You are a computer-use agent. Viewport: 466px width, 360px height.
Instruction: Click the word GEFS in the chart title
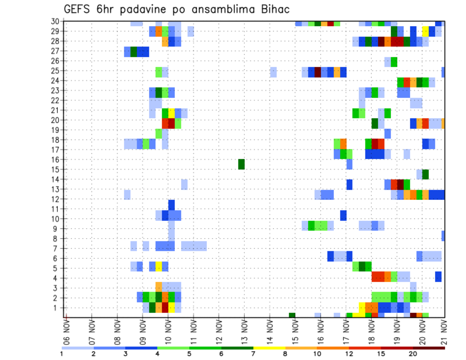coord(80,9)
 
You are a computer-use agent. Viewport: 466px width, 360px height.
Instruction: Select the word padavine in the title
coord(144,9)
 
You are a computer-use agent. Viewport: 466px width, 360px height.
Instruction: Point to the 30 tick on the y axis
coord(55,21)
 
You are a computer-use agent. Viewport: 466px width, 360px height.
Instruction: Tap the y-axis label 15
coord(55,169)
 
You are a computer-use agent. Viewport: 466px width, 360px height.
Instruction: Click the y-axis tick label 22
coord(55,100)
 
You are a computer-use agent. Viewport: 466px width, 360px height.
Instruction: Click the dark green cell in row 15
coord(241,164)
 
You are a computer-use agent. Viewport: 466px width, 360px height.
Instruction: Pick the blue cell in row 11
coord(171,204)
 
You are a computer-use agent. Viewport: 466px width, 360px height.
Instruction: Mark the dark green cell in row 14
coord(425,174)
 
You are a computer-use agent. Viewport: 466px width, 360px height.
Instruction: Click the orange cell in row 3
coord(159,286)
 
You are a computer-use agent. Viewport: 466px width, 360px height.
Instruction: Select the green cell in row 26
coord(394,62)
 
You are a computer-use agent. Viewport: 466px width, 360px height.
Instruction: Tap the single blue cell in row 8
coord(443,236)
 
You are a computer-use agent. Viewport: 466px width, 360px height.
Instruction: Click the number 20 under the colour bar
coord(413,354)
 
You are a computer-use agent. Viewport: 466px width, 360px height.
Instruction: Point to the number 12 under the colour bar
coord(349,354)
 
